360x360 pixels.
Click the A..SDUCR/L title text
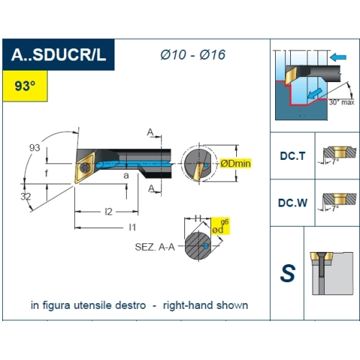[58, 55]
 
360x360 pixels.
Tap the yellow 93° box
[25, 86]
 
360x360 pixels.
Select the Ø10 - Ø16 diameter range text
[193, 55]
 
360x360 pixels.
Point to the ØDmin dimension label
[235, 163]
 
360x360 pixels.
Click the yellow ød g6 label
[220, 226]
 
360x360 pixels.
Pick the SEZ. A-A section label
[155, 247]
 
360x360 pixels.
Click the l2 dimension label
[109, 212]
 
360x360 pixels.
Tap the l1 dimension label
[132, 227]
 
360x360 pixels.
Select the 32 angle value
[26, 197]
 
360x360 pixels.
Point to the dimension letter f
[46, 173]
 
